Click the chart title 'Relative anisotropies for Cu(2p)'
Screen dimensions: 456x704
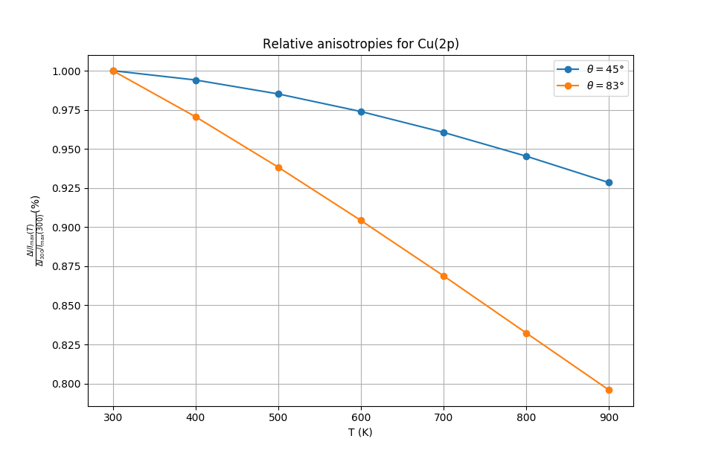[x=361, y=44]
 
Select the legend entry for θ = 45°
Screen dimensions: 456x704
[x=605, y=69]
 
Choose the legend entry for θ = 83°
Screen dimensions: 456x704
[x=605, y=86]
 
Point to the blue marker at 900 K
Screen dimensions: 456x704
[x=609, y=182]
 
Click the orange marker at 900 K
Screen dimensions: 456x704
[x=609, y=390]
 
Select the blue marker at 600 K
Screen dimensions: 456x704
[x=361, y=112]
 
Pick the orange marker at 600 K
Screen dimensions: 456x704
[x=361, y=220]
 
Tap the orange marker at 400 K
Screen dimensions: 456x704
[x=196, y=117]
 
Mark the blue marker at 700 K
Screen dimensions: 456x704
[x=444, y=132]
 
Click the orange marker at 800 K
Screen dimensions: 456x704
[x=526, y=333]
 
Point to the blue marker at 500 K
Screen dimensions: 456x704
[x=278, y=94]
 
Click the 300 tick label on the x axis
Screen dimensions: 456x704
[x=113, y=417]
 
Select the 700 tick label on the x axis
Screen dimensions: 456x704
[x=444, y=417]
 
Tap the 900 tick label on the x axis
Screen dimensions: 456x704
[x=609, y=417]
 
